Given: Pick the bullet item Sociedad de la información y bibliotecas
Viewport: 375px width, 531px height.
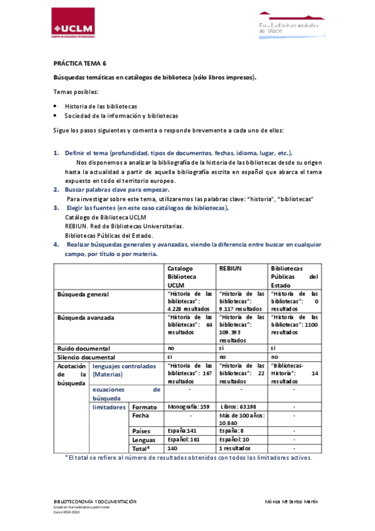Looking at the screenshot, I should [121, 116].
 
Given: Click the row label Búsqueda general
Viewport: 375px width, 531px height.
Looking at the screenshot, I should [83, 294].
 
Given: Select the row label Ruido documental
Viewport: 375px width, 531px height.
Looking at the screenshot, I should [83, 348].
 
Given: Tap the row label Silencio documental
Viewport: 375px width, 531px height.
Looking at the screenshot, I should [86, 357].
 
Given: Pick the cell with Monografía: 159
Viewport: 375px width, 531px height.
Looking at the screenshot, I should [189, 407].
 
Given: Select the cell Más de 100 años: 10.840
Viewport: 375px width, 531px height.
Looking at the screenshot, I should [241, 419].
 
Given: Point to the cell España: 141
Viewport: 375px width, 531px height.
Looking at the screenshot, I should [182, 431].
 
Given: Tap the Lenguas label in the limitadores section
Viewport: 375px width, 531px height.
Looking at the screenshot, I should [143, 440].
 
